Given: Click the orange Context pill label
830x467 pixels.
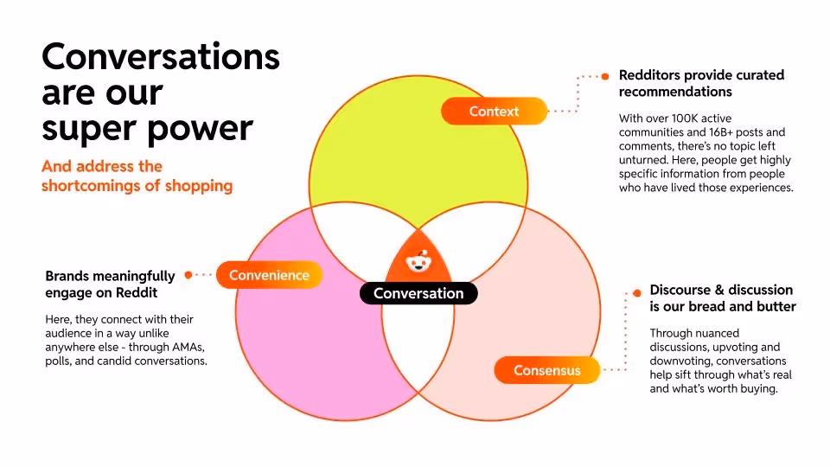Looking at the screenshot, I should (494, 112).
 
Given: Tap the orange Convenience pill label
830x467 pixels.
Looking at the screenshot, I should (269, 276).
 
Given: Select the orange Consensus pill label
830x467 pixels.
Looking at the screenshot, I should (546, 371).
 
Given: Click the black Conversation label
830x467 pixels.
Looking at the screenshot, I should (418, 294).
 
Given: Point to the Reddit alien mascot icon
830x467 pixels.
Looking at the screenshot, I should (418, 260).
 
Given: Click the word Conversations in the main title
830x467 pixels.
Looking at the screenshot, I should (161, 57).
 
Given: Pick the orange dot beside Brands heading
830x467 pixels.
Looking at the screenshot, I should (188, 275).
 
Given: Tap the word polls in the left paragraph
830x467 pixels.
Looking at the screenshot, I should (59, 361).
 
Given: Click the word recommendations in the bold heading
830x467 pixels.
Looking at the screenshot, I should (675, 92).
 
